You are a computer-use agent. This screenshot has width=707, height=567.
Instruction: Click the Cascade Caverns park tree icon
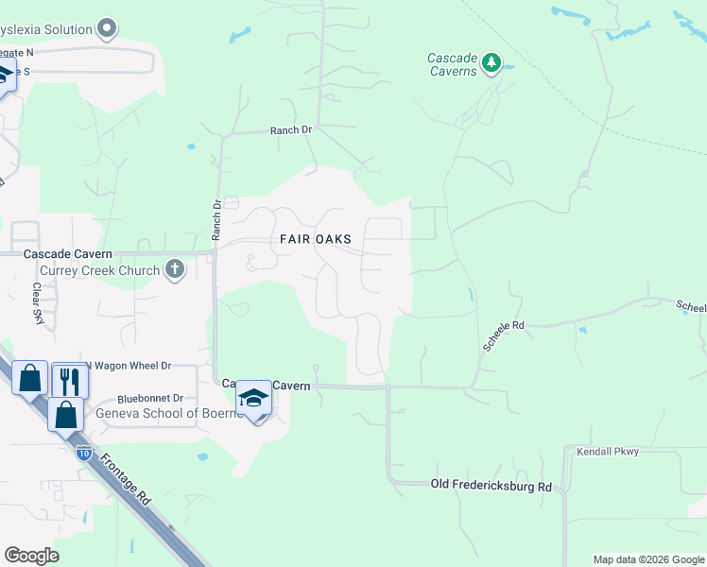coord(491,62)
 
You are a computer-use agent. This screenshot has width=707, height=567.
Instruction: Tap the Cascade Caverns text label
coord(452,64)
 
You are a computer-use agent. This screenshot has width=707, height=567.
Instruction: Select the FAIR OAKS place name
coord(316,239)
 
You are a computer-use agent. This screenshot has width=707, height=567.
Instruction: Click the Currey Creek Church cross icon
coord(174,270)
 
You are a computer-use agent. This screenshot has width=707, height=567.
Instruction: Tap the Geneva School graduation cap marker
coord(253,399)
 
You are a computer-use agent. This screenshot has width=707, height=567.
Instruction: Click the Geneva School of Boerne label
coord(163,413)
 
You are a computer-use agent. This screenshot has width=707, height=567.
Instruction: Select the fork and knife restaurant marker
coord(69,380)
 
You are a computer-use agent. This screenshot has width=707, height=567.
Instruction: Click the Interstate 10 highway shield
coord(85,453)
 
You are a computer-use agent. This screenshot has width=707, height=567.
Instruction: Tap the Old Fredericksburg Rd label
coord(491,485)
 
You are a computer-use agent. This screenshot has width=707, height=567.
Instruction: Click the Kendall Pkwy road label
coord(607,452)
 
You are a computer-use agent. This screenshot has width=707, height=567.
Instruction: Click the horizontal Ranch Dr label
coord(290,130)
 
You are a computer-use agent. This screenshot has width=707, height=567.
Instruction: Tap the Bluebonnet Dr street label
coord(150,399)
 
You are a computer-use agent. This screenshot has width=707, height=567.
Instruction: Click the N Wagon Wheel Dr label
coord(129,366)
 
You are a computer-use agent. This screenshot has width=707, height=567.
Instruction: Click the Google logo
coord(31,555)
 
